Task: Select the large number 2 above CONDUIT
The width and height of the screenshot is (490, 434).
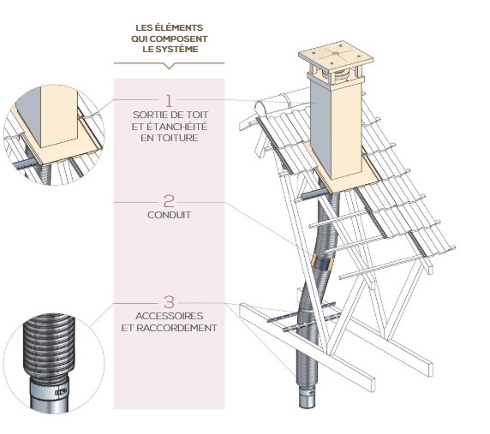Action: coord(169,201)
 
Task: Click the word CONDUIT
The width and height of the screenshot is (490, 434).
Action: coord(169,215)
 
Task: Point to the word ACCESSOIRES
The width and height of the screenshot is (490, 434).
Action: coord(169,317)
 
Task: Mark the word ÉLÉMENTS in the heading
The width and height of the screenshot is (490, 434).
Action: coord(184,28)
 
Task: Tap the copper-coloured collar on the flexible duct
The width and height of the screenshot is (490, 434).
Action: coord(320,259)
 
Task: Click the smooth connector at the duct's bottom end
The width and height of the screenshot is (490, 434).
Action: coord(306,399)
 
